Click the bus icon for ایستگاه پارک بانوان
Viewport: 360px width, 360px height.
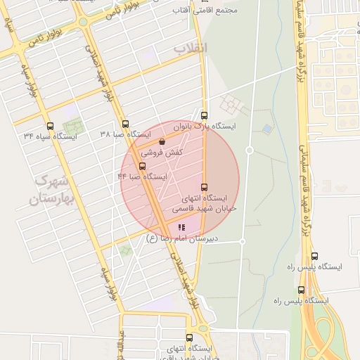pyautogui.click(x=205, y=115)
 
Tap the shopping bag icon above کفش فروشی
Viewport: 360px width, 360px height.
pyautogui.click(x=162, y=141)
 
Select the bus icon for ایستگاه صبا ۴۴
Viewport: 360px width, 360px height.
pyautogui.click(x=143, y=167)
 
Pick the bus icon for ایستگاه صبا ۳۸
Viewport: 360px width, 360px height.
pyautogui.click(x=125, y=123)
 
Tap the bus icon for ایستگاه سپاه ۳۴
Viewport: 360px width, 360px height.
pyautogui.click(x=49, y=124)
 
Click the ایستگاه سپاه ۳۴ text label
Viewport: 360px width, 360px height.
pyautogui.click(x=50, y=135)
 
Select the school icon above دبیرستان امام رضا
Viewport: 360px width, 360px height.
pyautogui.click(x=181, y=227)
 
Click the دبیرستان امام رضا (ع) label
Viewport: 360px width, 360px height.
pyautogui.click(x=182, y=238)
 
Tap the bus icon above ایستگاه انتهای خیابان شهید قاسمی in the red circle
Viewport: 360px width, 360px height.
pyautogui.click(x=205, y=187)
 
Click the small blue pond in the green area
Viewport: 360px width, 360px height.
pyautogui.click(x=266, y=129)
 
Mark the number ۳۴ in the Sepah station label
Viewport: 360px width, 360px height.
pyautogui.click(x=28, y=135)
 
